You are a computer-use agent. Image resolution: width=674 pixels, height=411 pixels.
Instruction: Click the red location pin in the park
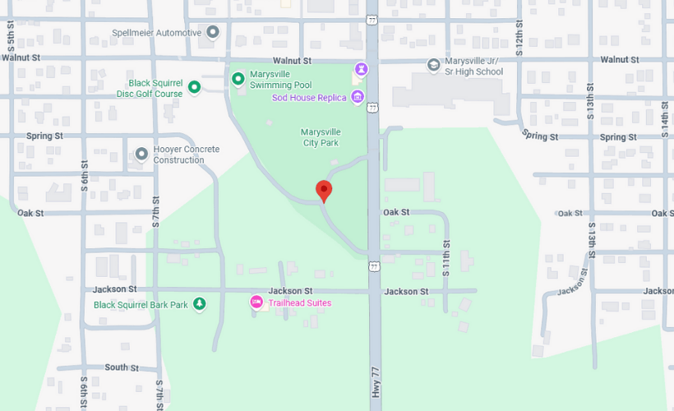click(324, 189)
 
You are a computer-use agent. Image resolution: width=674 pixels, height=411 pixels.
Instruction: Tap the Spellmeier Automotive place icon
click(213, 33)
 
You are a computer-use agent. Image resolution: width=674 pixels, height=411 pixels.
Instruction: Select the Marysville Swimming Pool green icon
click(238, 79)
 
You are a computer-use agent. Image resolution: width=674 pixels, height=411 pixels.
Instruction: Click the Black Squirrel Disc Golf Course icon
click(195, 86)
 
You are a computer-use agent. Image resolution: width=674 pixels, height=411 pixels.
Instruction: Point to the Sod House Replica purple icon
click(357, 98)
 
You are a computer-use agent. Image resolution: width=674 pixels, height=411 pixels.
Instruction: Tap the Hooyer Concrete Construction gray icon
click(141, 154)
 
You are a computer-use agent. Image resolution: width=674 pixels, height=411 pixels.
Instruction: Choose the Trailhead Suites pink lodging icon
click(256, 303)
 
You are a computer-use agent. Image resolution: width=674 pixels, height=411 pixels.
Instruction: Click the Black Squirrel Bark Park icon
click(199, 305)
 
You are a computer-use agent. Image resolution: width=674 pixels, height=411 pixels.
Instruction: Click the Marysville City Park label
click(321, 137)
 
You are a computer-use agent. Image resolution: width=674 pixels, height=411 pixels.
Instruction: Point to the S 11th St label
click(447, 257)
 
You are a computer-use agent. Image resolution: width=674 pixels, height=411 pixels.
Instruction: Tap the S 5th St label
click(11, 40)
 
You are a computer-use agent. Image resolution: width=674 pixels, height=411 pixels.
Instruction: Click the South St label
click(122, 367)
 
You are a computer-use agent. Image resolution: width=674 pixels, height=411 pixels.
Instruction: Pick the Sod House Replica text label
click(309, 98)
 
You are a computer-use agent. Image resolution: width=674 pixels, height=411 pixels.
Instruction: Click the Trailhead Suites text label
click(300, 303)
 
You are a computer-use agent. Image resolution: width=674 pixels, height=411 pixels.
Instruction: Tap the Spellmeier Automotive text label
click(156, 33)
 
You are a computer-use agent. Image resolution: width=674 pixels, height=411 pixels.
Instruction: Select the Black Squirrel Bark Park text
click(141, 305)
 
